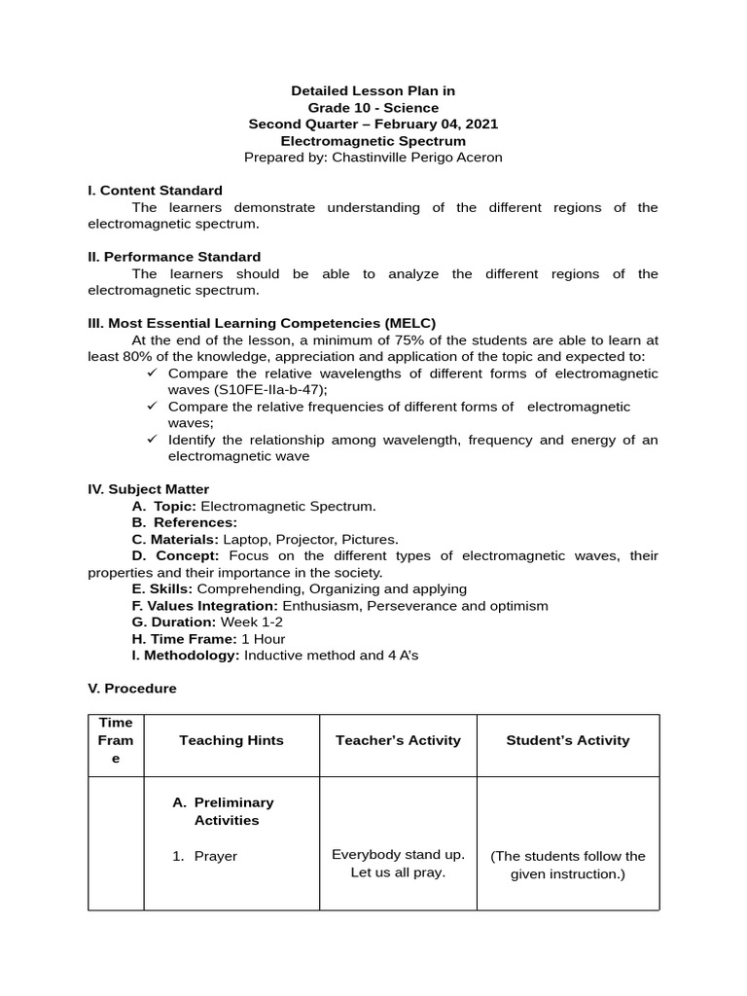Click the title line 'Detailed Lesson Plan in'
(x=373, y=90)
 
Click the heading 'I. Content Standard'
(x=155, y=191)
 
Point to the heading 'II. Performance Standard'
(x=174, y=257)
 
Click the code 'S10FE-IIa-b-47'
(x=270, y=389)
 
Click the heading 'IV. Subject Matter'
(x=148, y=489)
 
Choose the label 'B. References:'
(x=184, y=522)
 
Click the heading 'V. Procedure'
(x=132, y=688)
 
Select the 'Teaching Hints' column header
(x=231, y=740)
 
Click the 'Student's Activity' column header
(x=568, y=740)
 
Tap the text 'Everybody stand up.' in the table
(x=398, y=854)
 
